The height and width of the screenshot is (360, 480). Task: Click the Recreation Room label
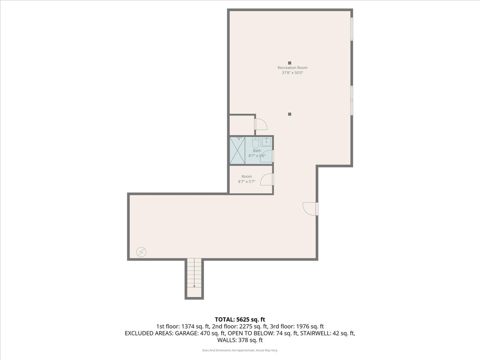coord(292,68)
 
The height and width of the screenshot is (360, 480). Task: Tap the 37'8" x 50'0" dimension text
coord(292,73)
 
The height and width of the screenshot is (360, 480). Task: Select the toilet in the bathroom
coord(255,143)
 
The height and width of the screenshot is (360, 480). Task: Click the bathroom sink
coord(266,142)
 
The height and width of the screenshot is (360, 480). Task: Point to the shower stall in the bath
coord(237,150)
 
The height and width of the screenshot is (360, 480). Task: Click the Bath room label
coord(256,151)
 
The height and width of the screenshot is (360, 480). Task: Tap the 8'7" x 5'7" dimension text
coord(246,182)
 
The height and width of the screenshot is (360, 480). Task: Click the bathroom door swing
coord(267,157)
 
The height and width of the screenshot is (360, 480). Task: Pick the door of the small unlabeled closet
coord(261,124)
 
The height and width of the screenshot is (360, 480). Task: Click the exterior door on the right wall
coord(310,208)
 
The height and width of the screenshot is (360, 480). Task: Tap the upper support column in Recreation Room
coord(290,63)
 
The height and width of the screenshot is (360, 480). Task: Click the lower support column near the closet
coord(290,114)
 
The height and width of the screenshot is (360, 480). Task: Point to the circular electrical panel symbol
coord(141,252)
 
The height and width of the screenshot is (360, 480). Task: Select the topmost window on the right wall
coord(352,29)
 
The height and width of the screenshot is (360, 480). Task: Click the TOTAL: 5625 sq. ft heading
coord(240,319)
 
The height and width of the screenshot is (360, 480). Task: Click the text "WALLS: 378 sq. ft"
coord(240,340)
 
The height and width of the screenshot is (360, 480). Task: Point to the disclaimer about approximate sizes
coord(240,350)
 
